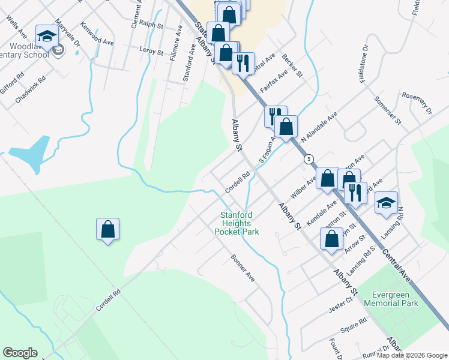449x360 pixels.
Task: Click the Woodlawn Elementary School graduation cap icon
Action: click(x=46, y=35)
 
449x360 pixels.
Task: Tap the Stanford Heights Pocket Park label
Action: click(x=240, y=223)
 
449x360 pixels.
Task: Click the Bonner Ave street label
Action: click(x=243, y=268)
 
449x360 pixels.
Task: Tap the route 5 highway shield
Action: click(x=309, y=159)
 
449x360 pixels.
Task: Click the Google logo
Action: click(x=20, y=353)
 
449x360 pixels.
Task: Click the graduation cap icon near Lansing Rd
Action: click(x=386, y=202)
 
